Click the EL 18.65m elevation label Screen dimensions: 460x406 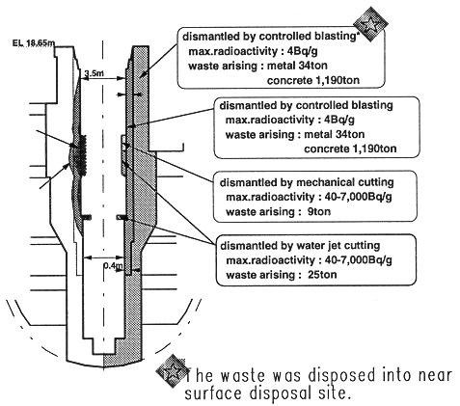(34, 43)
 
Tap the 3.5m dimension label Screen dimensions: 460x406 (94, 73)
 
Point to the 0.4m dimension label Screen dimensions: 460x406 (113, 266)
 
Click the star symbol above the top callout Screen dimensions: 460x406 (370, 24)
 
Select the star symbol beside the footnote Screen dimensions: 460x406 (172, 371)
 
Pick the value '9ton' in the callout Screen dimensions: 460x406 (319, 212)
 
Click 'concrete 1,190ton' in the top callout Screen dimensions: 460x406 (313, 80)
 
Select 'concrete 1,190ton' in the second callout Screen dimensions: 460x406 (350, 149)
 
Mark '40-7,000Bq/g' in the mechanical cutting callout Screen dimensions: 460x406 (359, 197)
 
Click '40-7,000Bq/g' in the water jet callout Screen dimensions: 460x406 (359, 260)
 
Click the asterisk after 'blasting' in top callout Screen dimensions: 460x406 (357, 33)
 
